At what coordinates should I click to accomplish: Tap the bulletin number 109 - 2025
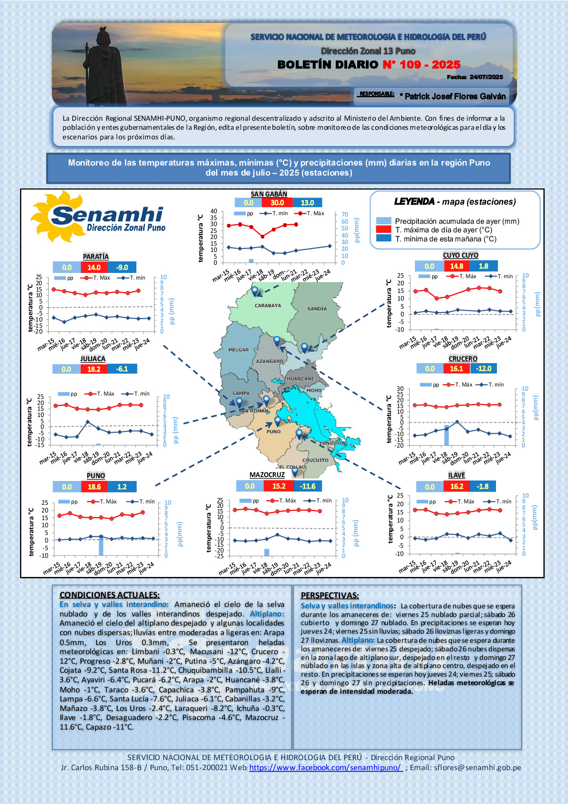point(421,64)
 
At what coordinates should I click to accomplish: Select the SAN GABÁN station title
point(269,194)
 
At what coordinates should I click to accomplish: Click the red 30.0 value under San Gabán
point(277,202)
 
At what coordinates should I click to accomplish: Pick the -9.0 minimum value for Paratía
point(122,267)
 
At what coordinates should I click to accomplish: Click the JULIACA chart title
point(93,359)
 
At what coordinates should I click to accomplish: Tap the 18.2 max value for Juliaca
point(94,369)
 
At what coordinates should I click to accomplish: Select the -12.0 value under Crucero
point(484,368)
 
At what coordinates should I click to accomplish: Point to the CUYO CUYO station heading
point(460,255)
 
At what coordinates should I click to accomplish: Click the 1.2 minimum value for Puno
point(122,487)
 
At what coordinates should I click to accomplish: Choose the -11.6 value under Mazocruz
point(308,486)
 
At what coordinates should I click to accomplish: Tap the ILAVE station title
point(456,475)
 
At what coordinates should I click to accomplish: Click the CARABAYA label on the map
point(268,305)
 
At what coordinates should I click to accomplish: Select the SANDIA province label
point(317,309)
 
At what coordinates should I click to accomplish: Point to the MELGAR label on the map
point(238,350)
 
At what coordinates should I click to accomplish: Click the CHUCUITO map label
point(315,460)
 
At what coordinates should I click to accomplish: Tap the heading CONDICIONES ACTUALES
point(110,595)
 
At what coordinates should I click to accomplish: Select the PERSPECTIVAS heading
point(330,595)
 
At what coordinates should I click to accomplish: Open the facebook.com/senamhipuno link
point(326,767)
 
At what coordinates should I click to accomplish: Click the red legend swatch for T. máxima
point(383,230)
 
